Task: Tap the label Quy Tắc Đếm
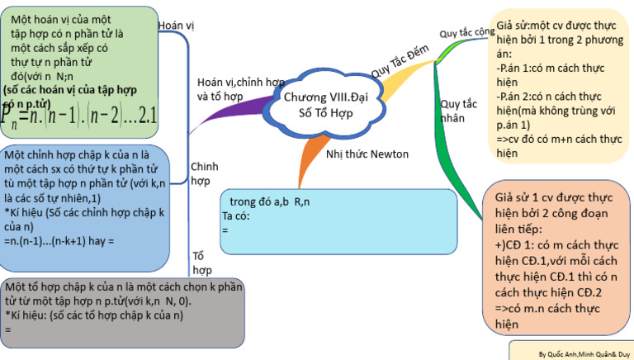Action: [401, 62]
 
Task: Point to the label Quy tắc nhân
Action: [459, 111]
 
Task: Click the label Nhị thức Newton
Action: [367, 154]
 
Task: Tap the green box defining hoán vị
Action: [78, 70]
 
